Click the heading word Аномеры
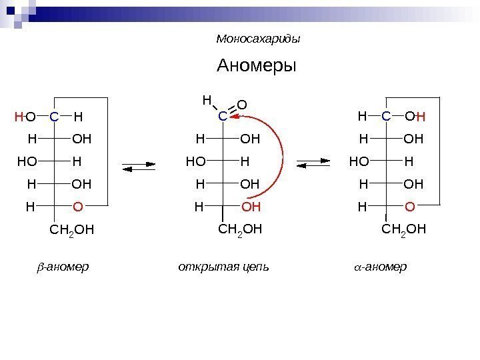tap(256, 67)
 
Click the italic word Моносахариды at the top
tap(259, 39)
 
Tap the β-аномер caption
tap(62, 267)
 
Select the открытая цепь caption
tap(223, 267)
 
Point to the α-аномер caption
tap(379, 267)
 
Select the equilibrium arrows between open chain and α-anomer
tap(313, 163)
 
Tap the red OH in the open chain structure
tap(250, 207)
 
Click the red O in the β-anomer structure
tap(77, 207)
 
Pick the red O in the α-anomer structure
tap(409, 207)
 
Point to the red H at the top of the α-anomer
tap(421, 118)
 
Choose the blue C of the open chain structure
tap(223, 117)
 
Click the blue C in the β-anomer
tap(53, 117)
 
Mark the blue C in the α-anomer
tap(386, 117)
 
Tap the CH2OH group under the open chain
tap(240, 231)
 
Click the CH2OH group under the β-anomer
tap(72, 231)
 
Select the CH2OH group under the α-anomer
tap(404, 231)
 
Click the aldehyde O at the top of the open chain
tap(242, 105)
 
